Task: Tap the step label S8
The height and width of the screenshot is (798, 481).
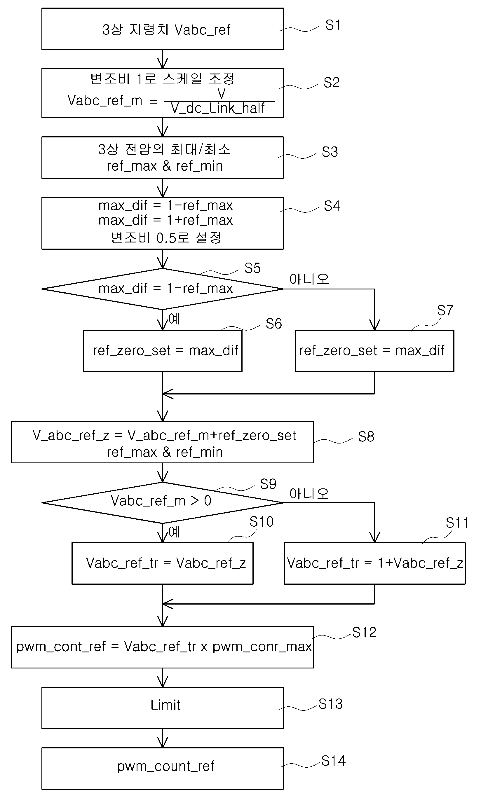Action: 366,436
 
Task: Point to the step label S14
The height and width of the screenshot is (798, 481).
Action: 333,760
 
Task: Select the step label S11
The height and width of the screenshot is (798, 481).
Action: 457,522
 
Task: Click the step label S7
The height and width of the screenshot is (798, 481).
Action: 445,310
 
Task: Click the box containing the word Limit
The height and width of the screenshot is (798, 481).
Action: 163,708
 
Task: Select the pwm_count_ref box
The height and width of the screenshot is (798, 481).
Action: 163,768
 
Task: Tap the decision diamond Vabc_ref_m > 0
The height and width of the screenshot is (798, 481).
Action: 163,503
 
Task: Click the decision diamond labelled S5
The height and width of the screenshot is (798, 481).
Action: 163,289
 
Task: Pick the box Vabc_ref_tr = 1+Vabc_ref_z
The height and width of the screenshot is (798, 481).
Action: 375,563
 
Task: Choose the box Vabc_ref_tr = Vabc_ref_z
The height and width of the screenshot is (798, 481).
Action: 163,563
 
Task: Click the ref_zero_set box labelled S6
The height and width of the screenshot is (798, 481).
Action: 163,351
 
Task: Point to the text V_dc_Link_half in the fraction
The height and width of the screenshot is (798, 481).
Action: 218,109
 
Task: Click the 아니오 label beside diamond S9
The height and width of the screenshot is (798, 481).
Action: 309,494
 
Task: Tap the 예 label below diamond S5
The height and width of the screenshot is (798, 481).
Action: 174,319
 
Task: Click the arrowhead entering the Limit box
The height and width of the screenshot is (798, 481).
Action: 163,683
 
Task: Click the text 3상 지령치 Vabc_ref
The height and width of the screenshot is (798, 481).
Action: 166,30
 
